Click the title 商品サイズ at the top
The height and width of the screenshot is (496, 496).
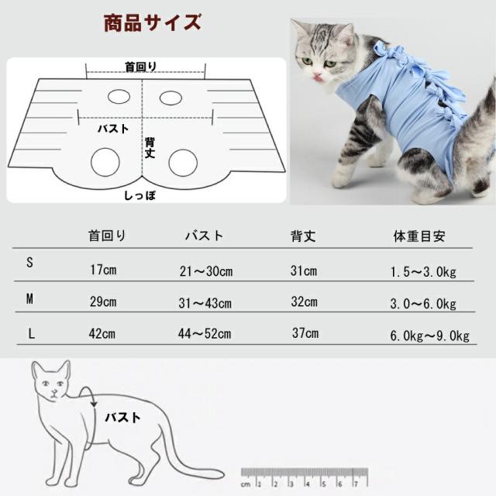coord(153,22)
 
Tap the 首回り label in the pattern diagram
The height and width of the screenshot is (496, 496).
coord(140,67)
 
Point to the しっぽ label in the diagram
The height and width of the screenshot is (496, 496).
coord(140,196)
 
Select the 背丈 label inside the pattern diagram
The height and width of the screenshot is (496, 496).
coord(151,147)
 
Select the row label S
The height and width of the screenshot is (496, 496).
coord(30,263)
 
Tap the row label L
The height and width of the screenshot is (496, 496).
coord(30,334)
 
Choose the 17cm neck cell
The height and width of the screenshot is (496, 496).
coord(102,270)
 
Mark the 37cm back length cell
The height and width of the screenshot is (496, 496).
coord(305,334)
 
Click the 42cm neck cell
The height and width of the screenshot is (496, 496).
coord(102,335)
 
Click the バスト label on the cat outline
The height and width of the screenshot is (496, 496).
coord(124,418)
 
